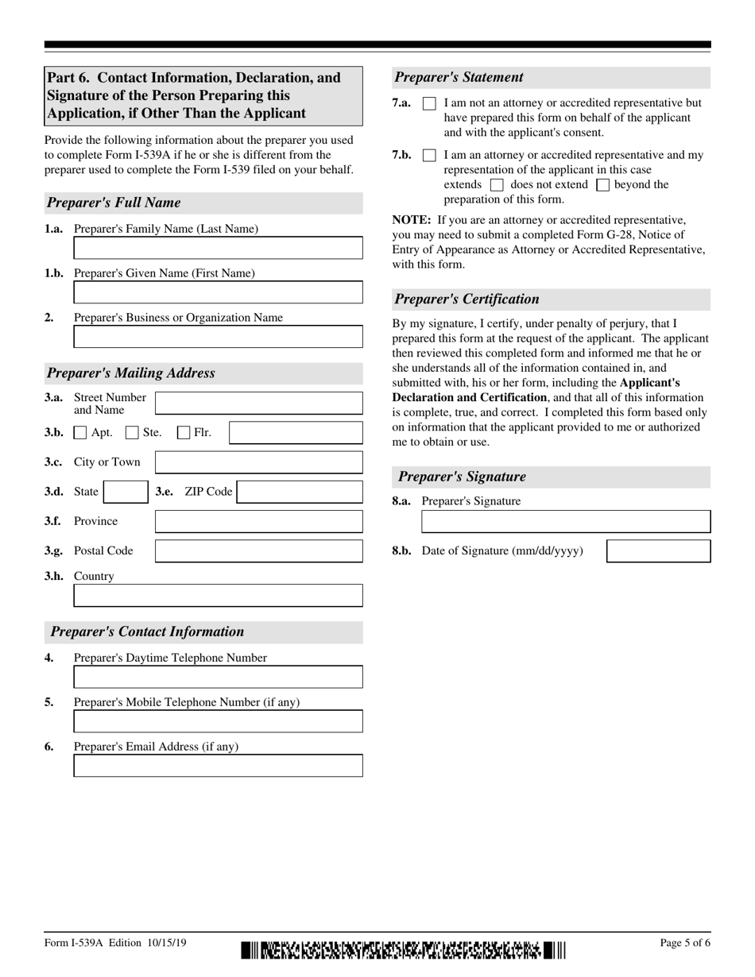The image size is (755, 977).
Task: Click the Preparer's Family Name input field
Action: point(218,248)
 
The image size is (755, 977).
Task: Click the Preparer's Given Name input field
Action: point(218,292)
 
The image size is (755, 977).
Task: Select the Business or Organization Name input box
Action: point(218,337)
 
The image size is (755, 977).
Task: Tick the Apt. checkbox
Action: point(80,433)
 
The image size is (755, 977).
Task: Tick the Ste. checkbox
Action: point(133,433)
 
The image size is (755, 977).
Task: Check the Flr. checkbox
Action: point(184,433)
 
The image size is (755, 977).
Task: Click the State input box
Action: point(126,492)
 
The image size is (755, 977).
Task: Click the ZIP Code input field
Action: point(300,492)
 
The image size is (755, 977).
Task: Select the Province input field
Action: point(258,522)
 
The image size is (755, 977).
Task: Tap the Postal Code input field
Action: point(258,551)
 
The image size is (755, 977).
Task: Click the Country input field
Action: point(218,596)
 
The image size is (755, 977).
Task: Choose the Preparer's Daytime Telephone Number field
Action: point(218,677)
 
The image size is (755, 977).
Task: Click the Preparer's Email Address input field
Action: point(218,766)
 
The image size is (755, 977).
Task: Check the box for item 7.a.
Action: point(429,104)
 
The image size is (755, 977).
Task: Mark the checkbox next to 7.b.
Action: point(429,156)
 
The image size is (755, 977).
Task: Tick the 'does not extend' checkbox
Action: point(498,185)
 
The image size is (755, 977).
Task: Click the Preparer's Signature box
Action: point(565,522)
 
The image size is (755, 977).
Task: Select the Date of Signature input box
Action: point(658,551)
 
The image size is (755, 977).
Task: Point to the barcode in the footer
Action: point(403,950)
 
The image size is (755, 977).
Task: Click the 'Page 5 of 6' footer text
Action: point(685,944)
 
